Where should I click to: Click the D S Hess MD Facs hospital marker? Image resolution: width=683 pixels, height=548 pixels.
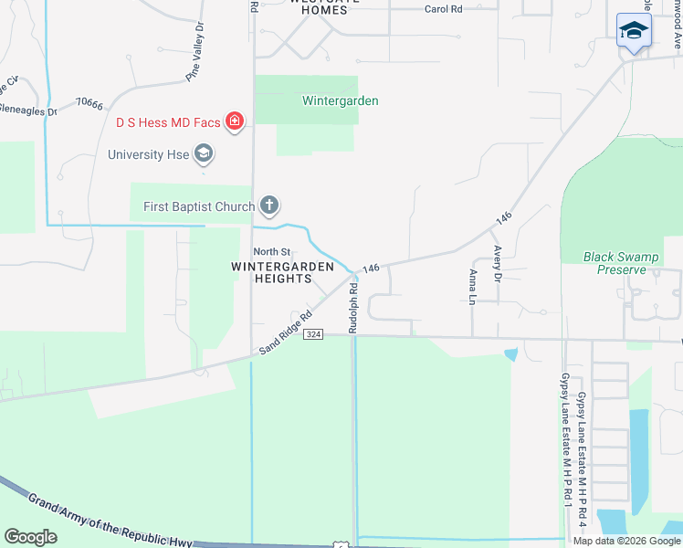coord(235,121)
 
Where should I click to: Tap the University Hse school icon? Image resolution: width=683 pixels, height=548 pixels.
coord(204,153)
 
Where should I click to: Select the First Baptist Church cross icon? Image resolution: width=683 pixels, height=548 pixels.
coord(268,205)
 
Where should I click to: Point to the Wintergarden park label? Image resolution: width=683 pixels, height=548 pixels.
coord(341,100)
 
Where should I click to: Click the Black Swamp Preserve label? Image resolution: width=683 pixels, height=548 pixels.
coord(621,263)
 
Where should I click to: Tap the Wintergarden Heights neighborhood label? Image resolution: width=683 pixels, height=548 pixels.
coord(278,272)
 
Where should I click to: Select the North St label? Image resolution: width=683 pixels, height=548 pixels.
coord(271,251)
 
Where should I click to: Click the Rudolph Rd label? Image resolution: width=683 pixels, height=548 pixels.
coord(352,307)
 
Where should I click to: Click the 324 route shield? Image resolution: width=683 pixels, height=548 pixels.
coord(313,334)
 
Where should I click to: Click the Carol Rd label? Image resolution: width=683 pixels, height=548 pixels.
coord(444,9)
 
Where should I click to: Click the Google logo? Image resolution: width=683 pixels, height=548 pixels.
coord(30,537)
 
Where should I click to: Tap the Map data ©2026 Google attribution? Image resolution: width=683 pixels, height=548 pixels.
coord(625,541)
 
